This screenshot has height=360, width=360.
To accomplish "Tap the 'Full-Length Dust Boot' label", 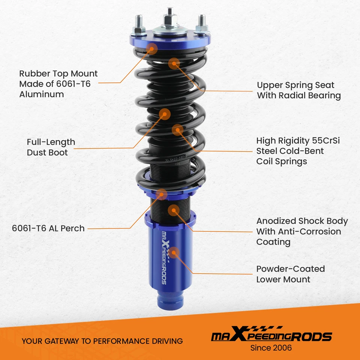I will coord(51,147).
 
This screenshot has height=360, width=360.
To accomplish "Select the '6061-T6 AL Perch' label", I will coord(48,228).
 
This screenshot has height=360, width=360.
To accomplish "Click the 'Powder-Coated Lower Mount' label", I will coord(290,274).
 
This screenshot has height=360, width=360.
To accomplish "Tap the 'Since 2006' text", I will coord(271,348).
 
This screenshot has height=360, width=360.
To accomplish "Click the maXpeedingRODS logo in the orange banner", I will coord(271,335).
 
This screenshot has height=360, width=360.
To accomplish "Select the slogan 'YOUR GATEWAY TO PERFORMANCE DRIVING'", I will coord(102,341).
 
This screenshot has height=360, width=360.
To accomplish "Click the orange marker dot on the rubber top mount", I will coord(152,48).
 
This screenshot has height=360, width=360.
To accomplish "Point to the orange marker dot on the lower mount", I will coord(175,252).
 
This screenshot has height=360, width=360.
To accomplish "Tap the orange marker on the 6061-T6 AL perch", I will coord(162,193).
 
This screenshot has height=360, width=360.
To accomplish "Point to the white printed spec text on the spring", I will coord(177,162).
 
